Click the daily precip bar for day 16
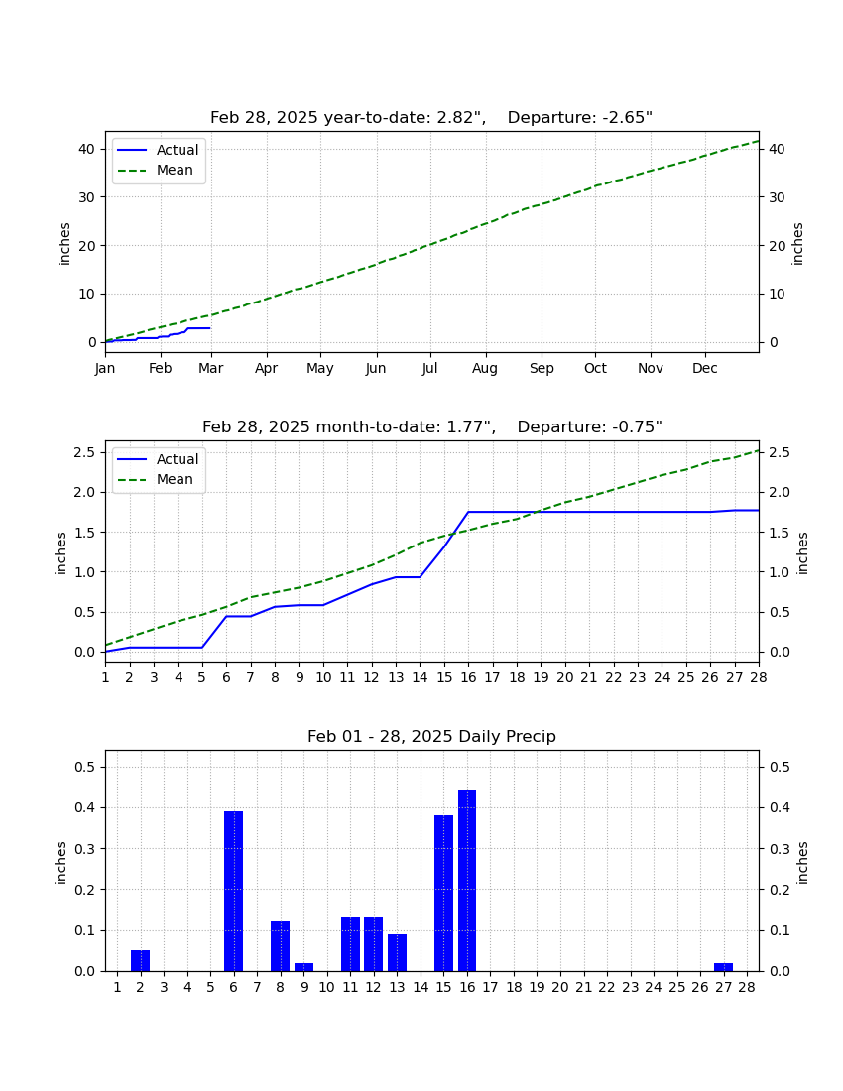tap(467, 881)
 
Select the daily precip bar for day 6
tap(234, 892)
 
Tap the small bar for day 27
tap(723, 967)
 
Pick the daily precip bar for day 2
tap(141, 961)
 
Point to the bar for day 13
tap(397, 952)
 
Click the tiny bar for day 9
tap(303, 967)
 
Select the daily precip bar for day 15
tap(443, 894)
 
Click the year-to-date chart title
tap(431, 118)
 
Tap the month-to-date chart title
tap(432, 426)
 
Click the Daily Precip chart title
tap(432, 736)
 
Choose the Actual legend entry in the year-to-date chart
tap(158, 150)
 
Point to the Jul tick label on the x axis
tap(429, 368)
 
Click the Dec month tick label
tap(704, 368)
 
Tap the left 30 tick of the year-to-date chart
tap(87, 197)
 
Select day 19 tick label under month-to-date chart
tap(541, 677)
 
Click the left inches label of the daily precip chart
tap(60, 863)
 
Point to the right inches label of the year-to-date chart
tap(797, 244)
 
